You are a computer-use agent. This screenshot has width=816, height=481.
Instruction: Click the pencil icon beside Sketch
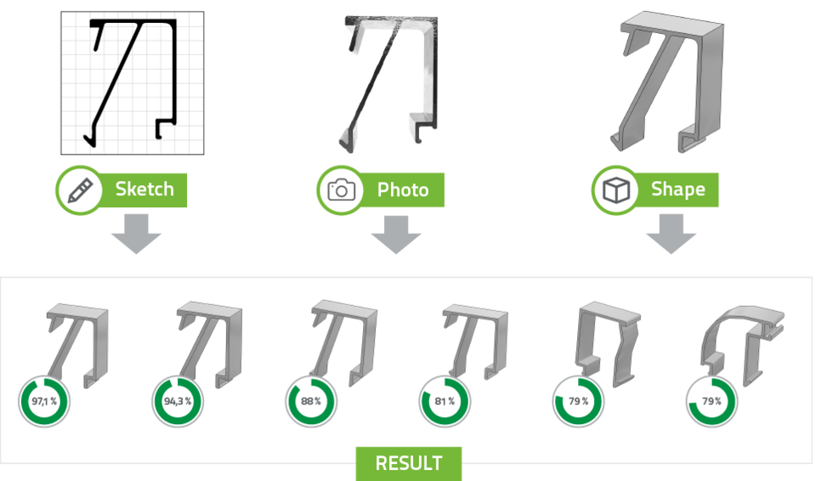pyautogui.click(x=80, y=190)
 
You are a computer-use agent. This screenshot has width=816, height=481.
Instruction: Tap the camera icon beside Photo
pyautogui.click(x=342, y=190)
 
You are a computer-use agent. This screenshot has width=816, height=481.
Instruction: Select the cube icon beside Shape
pyautogui.click(x=616, y=190)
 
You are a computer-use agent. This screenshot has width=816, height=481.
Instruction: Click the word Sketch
pyautogui.click(x=144, y=189)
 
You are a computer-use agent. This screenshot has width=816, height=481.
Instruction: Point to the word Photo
pyautogui.click(x=403, y=190)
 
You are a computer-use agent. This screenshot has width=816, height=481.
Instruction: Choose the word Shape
pyautogui.click(x=678, y=190)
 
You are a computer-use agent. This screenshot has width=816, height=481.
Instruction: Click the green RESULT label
pyautogui.click(x=409, y=463)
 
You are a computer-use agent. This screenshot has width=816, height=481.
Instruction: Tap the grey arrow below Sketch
pyautogui.click(x=136, y=235)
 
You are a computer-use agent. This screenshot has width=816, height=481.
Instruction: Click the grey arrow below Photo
pyautogui.click(x=396, y=235)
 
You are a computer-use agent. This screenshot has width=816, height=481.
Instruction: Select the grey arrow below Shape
pyautogui.click(x=671, y=235)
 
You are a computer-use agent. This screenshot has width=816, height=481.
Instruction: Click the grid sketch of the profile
pyautogui.click(x=133, y=83)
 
